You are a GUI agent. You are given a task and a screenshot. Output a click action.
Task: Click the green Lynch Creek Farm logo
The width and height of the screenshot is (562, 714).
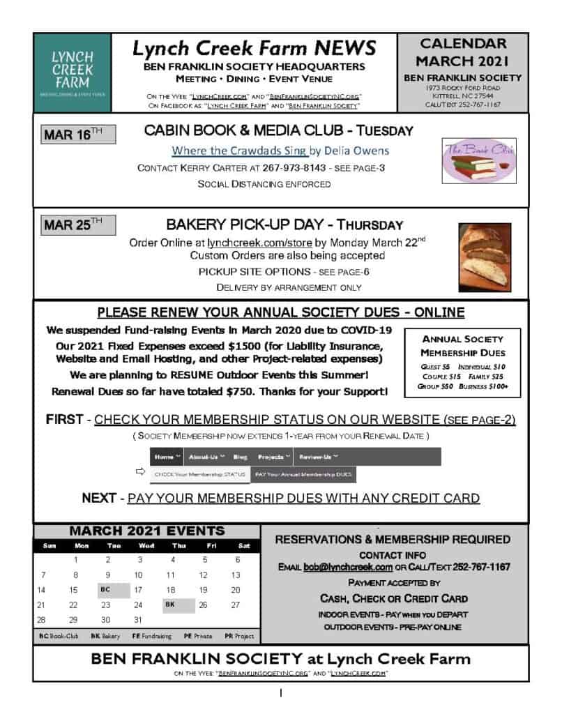coord(72,72)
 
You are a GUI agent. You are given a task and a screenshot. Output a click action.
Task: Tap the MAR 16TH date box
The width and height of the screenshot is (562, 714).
coord(78,135)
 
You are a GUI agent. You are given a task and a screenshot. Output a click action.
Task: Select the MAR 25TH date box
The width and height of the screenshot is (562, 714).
coord(78,225)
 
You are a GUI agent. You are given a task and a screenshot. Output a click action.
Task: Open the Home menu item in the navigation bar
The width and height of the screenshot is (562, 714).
coord(167,457)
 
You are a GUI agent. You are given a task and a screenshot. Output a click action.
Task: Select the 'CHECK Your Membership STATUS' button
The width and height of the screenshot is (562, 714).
coord(200,474)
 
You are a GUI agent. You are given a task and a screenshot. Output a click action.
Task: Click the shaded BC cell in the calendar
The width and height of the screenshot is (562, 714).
coord(106,589)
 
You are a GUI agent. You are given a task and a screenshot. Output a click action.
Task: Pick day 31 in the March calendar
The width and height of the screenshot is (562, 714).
coord(138,620)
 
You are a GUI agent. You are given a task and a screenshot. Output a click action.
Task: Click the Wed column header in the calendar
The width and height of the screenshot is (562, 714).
coord(146,546)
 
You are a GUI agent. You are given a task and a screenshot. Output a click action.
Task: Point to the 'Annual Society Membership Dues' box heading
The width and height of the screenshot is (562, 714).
coord(462,345)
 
